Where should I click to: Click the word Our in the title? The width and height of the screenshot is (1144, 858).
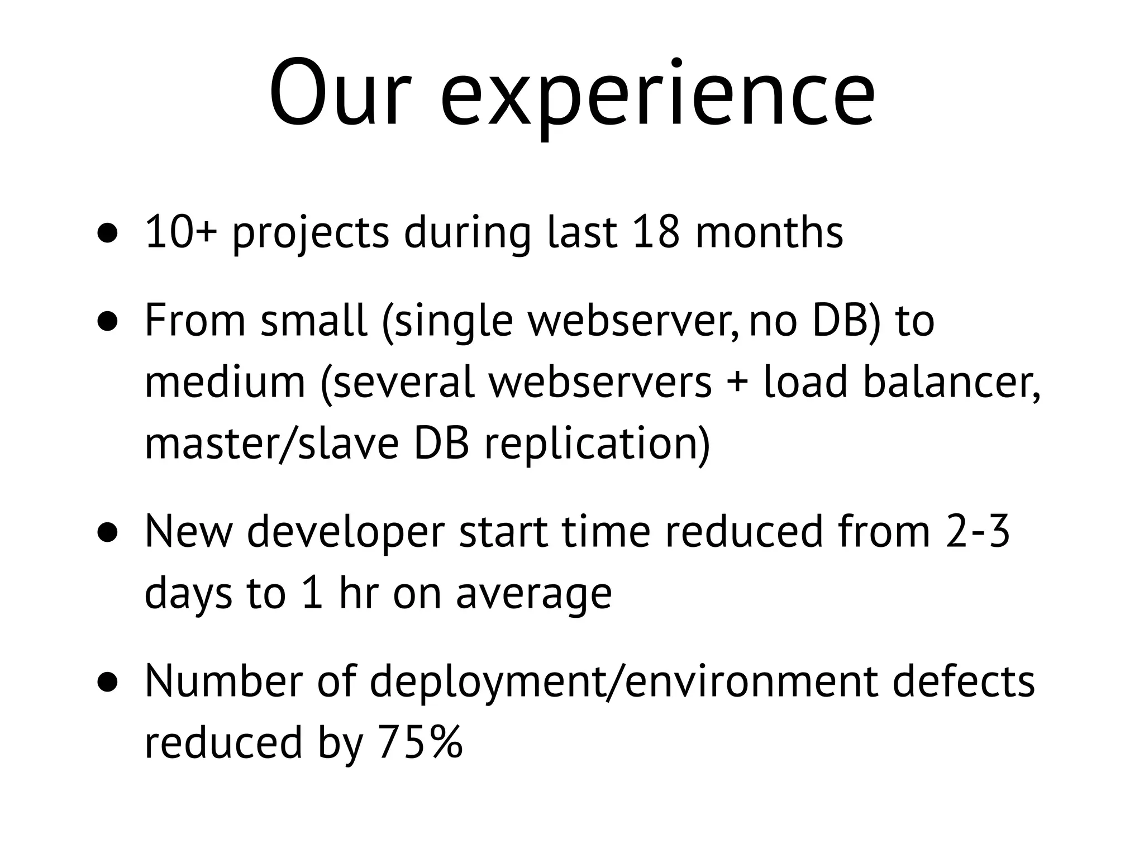click(340, 92)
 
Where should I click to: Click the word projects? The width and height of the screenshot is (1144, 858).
click(311, 235)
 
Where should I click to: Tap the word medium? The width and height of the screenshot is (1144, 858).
click(225, 383)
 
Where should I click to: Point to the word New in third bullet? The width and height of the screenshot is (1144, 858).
click(188, 532)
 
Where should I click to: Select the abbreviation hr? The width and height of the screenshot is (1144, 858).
click(358, 593)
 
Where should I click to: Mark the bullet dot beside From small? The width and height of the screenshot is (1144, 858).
click(108, 323)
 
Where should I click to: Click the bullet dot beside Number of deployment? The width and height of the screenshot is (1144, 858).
click(108, 683)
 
